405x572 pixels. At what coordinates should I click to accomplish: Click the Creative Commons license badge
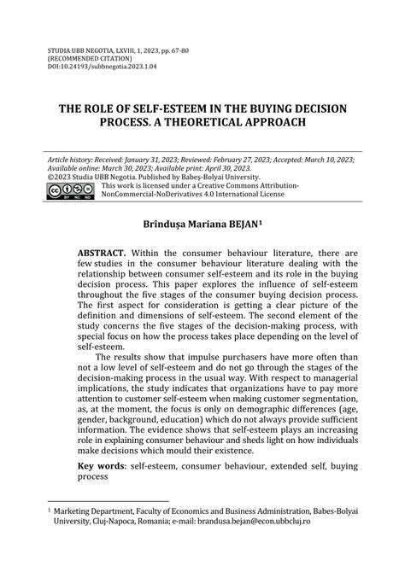[x=71, y=190]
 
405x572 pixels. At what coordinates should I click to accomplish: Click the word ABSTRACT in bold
[x=103, y=254]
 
